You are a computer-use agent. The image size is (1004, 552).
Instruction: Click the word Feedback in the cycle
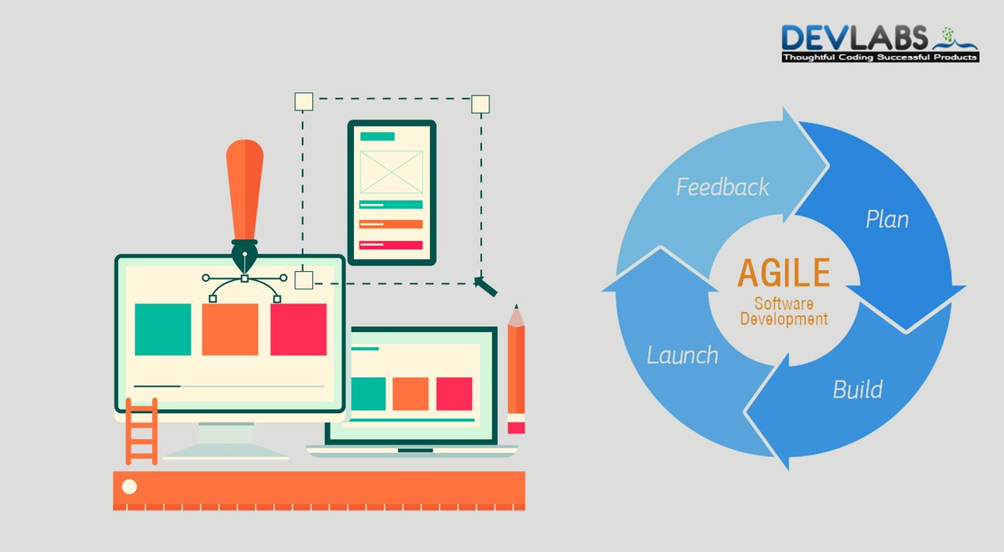722,187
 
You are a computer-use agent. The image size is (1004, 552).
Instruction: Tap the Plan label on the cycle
887,220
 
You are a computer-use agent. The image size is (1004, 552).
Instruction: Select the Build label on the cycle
857,389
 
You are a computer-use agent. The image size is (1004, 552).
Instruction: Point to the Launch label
682,355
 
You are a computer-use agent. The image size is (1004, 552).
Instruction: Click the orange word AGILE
783,273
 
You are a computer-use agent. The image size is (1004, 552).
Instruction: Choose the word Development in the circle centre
784,319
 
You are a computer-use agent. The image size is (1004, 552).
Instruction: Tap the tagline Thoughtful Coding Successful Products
879,58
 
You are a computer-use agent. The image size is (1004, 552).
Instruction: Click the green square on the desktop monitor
163,330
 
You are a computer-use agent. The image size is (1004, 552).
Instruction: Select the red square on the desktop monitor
298,330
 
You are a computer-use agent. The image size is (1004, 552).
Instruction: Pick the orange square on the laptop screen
410,393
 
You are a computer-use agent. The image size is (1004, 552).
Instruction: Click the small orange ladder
141,431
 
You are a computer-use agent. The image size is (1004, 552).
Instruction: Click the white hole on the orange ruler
129,486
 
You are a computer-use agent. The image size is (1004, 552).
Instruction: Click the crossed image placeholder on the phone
391,171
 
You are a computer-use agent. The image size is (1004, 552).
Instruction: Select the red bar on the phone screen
391,245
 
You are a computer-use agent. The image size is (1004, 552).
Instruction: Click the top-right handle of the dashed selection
480,104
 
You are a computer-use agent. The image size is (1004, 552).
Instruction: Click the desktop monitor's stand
226,438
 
